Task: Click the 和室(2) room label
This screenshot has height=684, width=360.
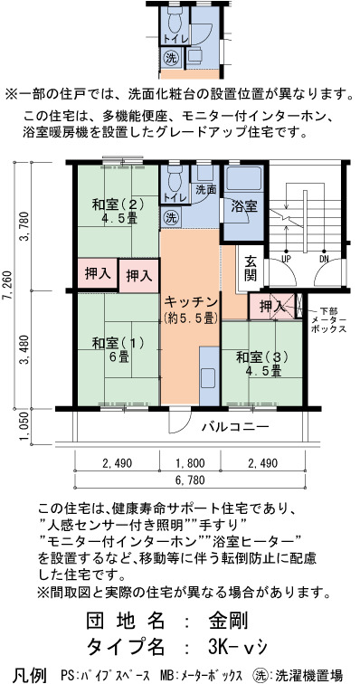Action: tap(118, 210)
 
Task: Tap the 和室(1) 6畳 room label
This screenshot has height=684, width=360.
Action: tap(118, 350)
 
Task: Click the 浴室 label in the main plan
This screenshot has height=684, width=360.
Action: tap(243, 206)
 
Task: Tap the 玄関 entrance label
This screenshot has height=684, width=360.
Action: tap(251, 269)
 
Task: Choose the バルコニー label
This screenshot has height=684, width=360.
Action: tap(236, 427)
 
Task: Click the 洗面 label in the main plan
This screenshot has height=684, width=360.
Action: tap(206, 190)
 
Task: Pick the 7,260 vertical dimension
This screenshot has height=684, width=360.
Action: tap(10, 284)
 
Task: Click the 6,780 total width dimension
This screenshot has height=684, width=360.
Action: tap(190, 480)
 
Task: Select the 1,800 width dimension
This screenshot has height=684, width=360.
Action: tap(190, 463)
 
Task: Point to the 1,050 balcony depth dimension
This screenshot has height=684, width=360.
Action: tap(25, 427)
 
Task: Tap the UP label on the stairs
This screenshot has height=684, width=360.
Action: tap(286, 259)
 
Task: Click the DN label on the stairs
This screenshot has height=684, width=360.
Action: tap(324, 259)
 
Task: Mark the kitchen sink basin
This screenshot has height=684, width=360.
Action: tap(208, 376)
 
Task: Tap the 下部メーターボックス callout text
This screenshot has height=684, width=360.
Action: tap(329, 319)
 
